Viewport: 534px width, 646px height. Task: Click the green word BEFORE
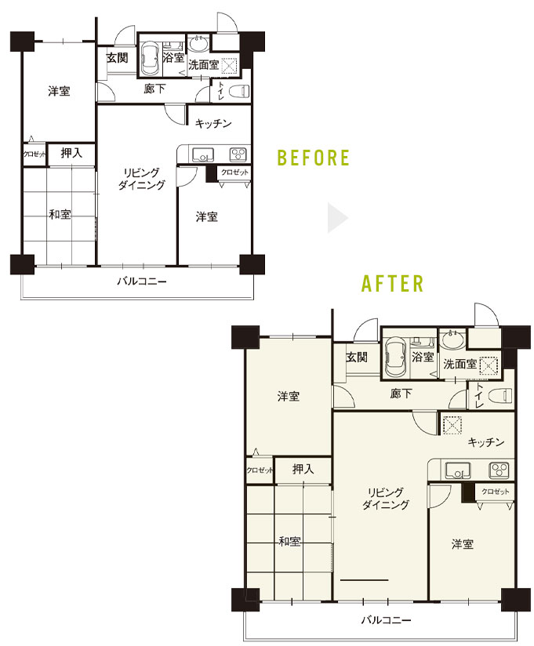click(313, 158)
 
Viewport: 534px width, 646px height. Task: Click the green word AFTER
click(392, 284)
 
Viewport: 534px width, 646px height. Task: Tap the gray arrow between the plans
click(338, 217)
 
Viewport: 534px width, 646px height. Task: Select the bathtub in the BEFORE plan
click(150, 59)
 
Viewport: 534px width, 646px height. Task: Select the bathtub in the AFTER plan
click(395, 357)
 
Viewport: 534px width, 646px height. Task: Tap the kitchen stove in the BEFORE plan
click(238, 155)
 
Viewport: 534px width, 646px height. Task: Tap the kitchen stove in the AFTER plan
click(499, 470)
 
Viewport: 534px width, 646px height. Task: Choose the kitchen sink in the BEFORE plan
click(203, 155)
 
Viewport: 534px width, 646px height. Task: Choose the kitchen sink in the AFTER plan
click(458, 470)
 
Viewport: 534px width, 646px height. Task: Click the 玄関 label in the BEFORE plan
click(118, 58)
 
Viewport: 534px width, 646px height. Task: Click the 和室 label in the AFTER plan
click(289, 541)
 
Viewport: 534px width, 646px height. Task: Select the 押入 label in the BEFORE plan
click(71, 153)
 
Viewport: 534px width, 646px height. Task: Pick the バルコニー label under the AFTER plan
click(386, 619)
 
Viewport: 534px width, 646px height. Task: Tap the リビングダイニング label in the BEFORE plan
click(141, 179)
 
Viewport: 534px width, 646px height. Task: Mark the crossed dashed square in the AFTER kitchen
click(452, 425)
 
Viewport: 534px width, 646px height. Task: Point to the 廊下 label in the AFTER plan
click(401, 394)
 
